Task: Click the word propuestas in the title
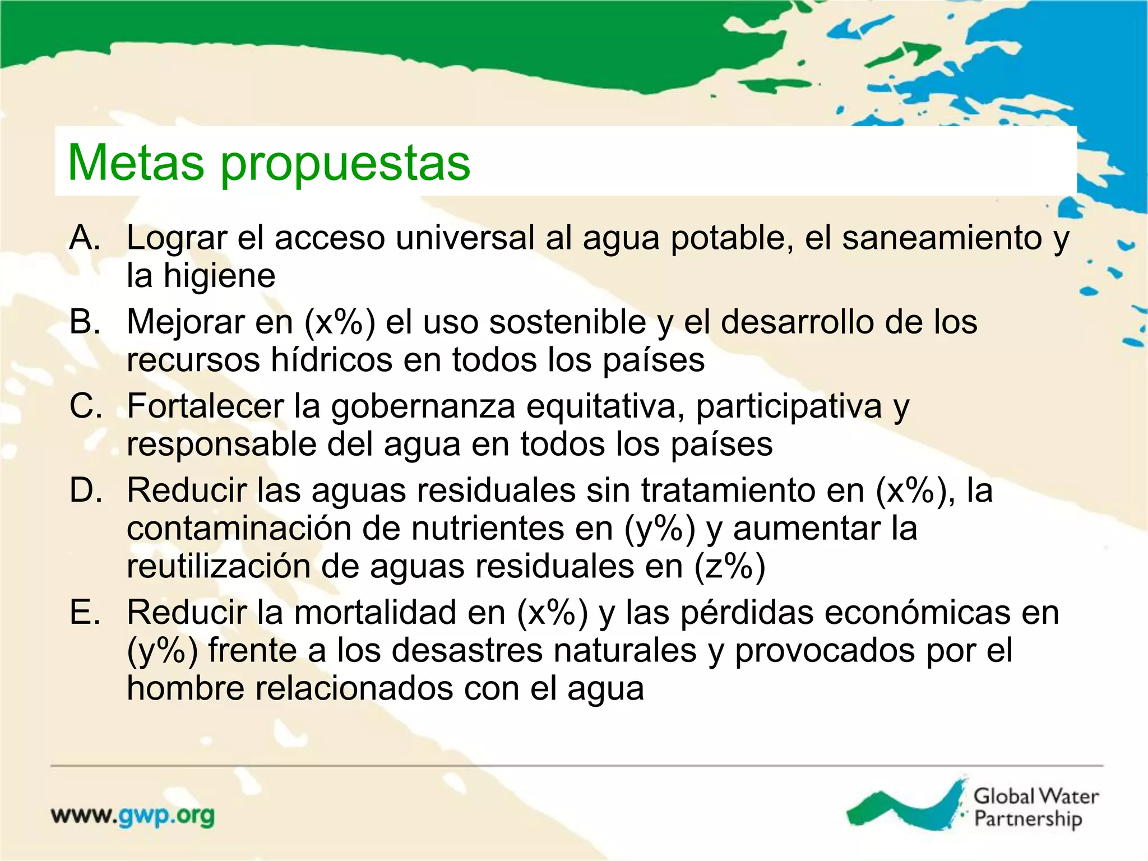click(x=345, y=166)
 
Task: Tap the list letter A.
click(x=85, y=238)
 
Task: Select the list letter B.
click(x=85, y=322)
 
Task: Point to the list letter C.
click(x=86, y=406)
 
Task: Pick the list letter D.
click(x=86, y=490)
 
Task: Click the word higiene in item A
click(x=219, y=276)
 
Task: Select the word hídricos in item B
click(x=331, y=360)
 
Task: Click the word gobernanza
click(x=423, y=407)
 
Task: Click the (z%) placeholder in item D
click(x=730, y=567)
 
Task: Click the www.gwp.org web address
click(x=133, y=816)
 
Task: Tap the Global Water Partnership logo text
click(x=1035, y=807)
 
